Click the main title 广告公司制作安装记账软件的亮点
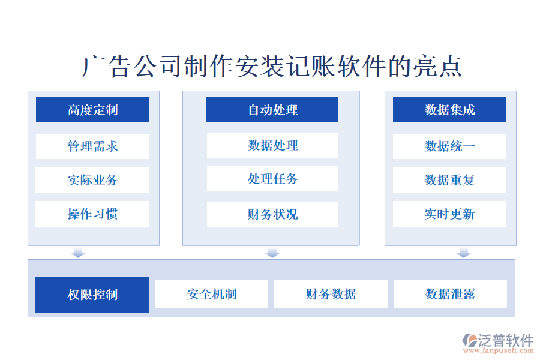tap(271, 66)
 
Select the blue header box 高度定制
tap(92, 110)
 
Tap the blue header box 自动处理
tap(272, 110)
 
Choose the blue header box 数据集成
tap(449, 110)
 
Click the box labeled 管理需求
tap(92, 146)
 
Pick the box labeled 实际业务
tap(92, 180)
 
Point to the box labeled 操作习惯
tap(92, 214)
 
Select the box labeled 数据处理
tap(272, 146)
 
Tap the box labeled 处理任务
tap(272, 179)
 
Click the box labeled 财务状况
tap(272, 214)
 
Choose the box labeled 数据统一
tap(449, 146)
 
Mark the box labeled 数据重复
tap(449, 180)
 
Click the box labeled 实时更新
tap(449, 214)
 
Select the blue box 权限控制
tap(92, 295)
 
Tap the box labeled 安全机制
tap(211, 294)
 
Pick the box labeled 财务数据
tap(331, 294)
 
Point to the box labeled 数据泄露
tap(450, 294)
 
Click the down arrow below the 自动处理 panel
tap(272, 253)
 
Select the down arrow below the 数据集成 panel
tap(463, 253)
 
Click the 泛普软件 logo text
tap(505, 340)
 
